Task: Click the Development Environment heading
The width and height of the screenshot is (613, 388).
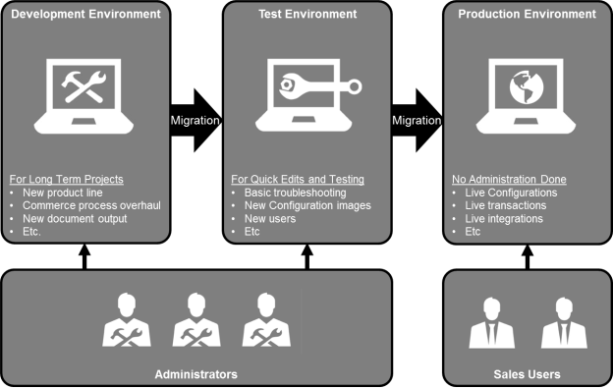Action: [84, 15]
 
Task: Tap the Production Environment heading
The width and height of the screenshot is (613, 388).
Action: [527, 15]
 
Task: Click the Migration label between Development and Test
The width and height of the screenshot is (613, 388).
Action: [195, 121]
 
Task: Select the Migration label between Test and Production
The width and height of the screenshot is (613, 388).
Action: [417, 121]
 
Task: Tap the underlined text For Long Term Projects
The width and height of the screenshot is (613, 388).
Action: [67, 180]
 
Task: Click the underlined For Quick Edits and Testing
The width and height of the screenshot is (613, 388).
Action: [298, 180]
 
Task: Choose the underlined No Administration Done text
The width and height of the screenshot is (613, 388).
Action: [508, 180]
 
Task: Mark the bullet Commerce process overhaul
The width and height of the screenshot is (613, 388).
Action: [91, 205]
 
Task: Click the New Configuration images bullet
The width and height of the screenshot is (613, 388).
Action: [307, 205]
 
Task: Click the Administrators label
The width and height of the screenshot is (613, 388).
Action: [196, 374]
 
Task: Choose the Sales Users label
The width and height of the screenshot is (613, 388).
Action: [528, 374]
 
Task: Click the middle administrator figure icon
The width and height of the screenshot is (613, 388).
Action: [196, 322]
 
